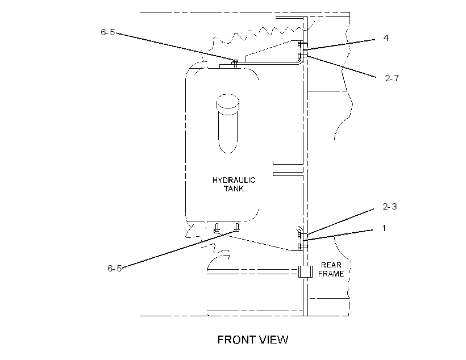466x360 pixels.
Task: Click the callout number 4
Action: point(386,37)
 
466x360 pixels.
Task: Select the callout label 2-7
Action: point(392,78)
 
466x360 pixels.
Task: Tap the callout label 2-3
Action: point(390,207)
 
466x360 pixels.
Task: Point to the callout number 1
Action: point(384,228)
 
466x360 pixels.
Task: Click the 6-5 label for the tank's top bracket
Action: point(108,32)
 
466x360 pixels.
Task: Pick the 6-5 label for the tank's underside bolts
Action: point(115,268)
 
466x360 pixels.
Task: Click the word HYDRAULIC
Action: point(234,180)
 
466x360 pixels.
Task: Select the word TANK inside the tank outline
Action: point(234,189)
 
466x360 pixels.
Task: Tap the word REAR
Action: point(331,265)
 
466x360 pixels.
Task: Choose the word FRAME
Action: point(331,274)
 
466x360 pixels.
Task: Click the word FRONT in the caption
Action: point(236,340)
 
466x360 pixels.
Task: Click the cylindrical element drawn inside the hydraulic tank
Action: point(228,124)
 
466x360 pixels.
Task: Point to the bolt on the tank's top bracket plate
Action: point(235,63)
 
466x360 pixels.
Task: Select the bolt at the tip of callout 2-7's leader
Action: point(302,56)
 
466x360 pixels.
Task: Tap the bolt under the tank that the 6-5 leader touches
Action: point(237,227)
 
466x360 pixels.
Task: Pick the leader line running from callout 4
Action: point(341,44)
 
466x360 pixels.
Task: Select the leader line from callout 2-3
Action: point(340,221)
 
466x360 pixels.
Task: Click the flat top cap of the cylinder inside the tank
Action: point(228,101)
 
